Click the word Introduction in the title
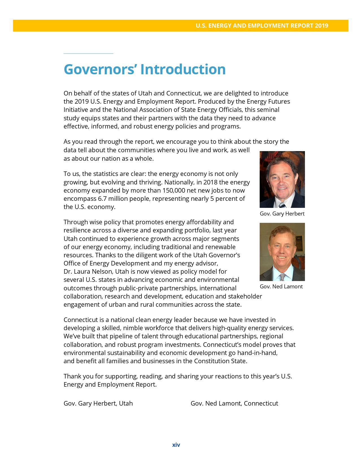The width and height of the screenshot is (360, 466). (x=183, y=69)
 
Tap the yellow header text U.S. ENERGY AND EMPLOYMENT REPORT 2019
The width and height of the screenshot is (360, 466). (x=262, y=26)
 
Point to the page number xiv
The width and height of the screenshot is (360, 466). (x=176, y=445)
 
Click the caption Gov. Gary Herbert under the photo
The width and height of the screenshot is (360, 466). (x=282, y=214)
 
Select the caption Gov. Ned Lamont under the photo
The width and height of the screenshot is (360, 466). (x=281, y=287)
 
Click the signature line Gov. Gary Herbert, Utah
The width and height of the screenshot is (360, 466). (x=98, y=403)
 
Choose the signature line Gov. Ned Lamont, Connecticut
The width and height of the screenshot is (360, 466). (x=234, y=403)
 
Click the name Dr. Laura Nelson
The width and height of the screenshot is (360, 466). (x=88, y=272)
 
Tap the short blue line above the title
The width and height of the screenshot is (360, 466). (x=88, y=53)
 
